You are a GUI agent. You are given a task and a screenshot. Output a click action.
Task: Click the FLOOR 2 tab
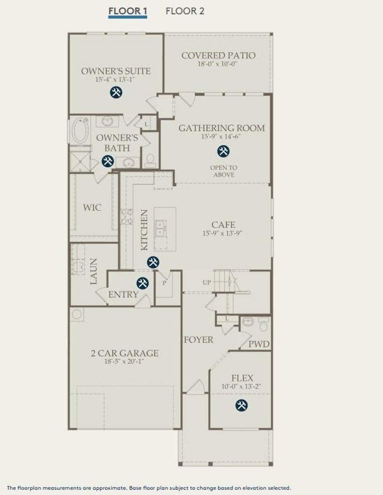[x=185, y=11]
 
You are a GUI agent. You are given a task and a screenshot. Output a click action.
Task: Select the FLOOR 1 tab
[x=128, y=11]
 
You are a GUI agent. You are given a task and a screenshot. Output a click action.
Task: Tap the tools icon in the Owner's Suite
[x=116, y=92]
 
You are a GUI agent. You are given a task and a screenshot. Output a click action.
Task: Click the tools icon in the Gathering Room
[x=223, y=151]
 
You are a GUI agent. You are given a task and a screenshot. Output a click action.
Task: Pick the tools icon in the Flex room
[x=241, y=405]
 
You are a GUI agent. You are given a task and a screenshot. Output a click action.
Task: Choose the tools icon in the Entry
[x=142, y=283]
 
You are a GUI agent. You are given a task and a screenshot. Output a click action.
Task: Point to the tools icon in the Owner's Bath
[x=107, y=161]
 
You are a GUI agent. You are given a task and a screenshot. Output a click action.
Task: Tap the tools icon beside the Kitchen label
[x=153, y=262]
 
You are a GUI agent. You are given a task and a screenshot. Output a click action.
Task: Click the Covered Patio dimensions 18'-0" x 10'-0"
[x=218, y=64]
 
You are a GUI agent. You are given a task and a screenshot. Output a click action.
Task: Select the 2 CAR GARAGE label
[x=125, y=353]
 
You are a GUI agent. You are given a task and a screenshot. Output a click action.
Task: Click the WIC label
[x=92, y=207]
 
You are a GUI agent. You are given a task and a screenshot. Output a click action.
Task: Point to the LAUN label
[x=93, y=271]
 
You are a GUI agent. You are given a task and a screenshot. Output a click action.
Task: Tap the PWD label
[x=259, y=344]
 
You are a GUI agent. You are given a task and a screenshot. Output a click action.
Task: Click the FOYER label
[x=199, y=340]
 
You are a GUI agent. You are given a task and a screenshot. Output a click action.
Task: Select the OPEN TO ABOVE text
[x=224, y=171]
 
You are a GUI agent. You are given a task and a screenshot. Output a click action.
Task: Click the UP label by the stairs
[x=207, y=282]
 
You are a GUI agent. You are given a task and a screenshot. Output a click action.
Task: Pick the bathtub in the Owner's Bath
[x=79, y=131]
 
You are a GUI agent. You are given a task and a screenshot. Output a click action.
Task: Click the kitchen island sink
[x=161, y=228]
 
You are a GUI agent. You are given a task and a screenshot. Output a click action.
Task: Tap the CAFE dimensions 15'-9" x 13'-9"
[x=222, y=233]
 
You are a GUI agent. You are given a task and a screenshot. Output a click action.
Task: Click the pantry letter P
[x=164, y=283]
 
